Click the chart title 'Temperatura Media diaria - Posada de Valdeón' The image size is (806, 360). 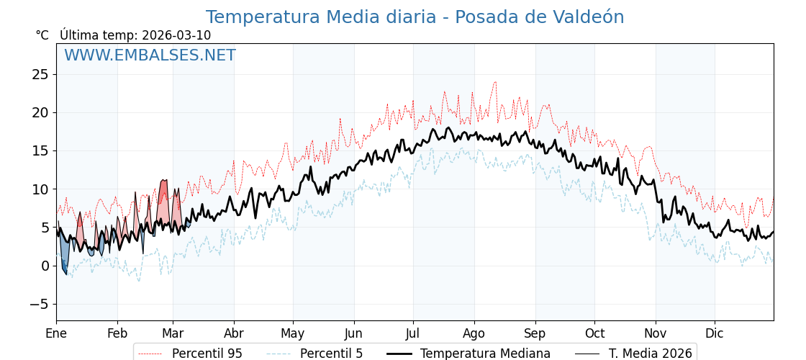tap(415, 17)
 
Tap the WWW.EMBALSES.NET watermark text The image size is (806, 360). tap(150, 55)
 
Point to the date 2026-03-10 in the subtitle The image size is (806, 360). tap(176, 35)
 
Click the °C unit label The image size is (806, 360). tap(42, 35)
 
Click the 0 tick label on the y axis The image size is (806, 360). tap(45, 266)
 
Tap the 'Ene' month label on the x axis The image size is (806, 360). tap(56, 333)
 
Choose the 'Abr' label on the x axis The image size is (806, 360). tap(234, 333)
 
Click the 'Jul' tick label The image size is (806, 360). tap(413, 333)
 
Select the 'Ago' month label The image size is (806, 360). tap(474, 333)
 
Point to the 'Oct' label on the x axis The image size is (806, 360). tap(594, 333)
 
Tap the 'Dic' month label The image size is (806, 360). tap(715, 333)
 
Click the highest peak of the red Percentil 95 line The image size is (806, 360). tap(495, 82)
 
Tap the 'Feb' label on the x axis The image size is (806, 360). tap(117, 333)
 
